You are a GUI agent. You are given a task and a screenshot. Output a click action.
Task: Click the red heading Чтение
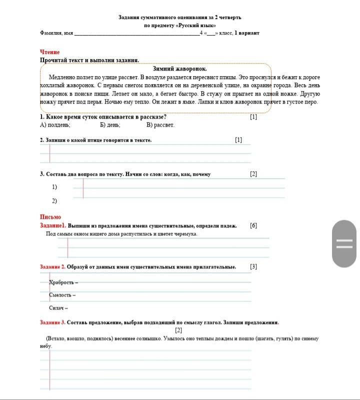pyautogui.click(x=49, y=52)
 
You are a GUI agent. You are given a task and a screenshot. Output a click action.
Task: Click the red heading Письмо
pyautogui.click(x=50, y=217)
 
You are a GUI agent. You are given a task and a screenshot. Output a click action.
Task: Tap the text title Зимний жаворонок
pyautogui.click(x=179, y=69)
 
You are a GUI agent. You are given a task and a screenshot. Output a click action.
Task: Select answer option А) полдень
pyautogui.click(x=55, y=125)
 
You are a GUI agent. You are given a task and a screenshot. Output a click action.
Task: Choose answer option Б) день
pyautogui.click(x=109, y=125)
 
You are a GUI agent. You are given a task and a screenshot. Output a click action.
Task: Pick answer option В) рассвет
pyautogui.click(x=160, y=125)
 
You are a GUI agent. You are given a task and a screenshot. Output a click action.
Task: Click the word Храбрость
pyautogui.click(x=61, y=282)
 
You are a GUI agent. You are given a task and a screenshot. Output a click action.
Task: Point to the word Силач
pyautogui.click(x=56, y=308)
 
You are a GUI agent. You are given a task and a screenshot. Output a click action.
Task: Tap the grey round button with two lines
pyautogui.click(x=344, y=244)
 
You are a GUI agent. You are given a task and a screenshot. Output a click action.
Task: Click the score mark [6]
pyautogui.click(x=253, y=226)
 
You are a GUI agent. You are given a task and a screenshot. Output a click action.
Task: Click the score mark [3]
pyautogui.click(x=253, y=267)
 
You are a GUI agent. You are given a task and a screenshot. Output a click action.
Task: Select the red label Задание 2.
pyautogui.click(x=52, y=267)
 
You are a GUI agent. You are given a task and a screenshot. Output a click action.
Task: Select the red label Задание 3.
pyautogui.click(x=52, y=322)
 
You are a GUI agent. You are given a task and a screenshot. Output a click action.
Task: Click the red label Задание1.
pyautogui.click(x=53, y=226)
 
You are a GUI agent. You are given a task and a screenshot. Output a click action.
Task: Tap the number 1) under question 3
pyautogui.click(x=54, y=187)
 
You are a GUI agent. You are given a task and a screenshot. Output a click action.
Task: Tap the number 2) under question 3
pyautogui.click(x=54, y=201)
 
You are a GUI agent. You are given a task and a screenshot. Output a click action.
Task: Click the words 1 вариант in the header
pyautogui.click(x=246, y=33)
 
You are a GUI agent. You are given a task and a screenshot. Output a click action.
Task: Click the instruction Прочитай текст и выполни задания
pyautogui.click(x=89, y=60)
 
